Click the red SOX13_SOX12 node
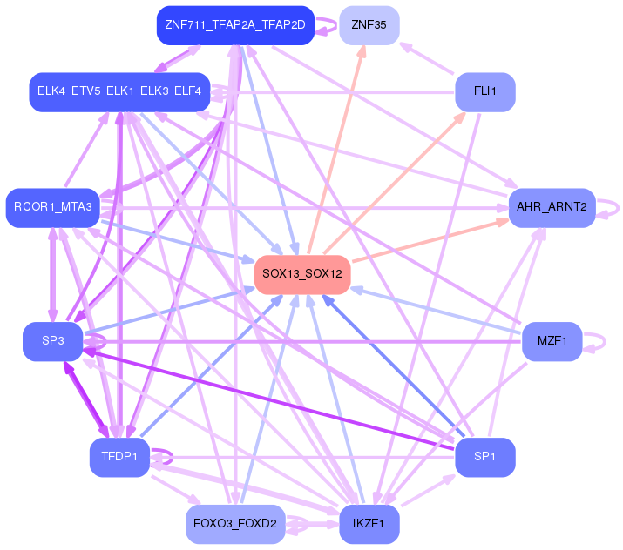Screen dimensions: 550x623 [x=302, y=274]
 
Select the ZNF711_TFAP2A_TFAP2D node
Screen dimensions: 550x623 [x=235, y=24]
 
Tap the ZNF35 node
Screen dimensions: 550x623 [x=369, y=24]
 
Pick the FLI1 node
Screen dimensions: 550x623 [x=485, y=91]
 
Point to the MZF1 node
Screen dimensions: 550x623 [x=552, y=340]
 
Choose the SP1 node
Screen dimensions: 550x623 [x=485, y=456]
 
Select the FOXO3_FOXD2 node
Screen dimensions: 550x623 [x=235, y=524]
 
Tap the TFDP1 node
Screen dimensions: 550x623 [x=119, y=457]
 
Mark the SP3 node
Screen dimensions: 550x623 [x=52, y=340]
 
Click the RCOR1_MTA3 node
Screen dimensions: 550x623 [x=52, y=207]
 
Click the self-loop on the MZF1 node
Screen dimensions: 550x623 [x=596, y=341]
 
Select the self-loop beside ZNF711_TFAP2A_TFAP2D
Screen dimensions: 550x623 [x=327, y=25]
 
